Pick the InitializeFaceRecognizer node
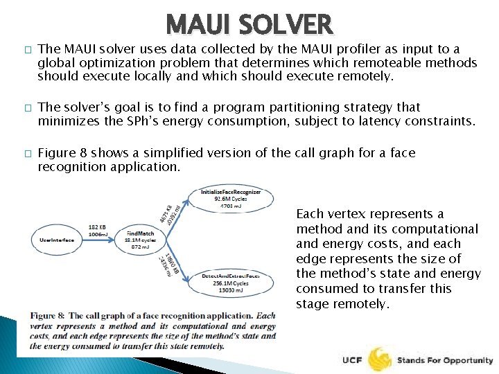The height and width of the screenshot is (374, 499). pyautogui.click(x=231, y=198)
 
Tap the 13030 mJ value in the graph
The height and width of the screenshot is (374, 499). pyautogui.click(x=231, y=291)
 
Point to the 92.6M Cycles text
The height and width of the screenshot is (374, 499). pyautogui.click(x=231, y=198)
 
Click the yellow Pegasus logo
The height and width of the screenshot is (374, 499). pyautogui.click(x=380, y=359)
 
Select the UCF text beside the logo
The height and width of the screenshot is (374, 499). pyautogui.click(x=352, y=360)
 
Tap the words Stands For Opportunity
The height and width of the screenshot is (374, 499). pyautogui.click(x=444, y=360)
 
